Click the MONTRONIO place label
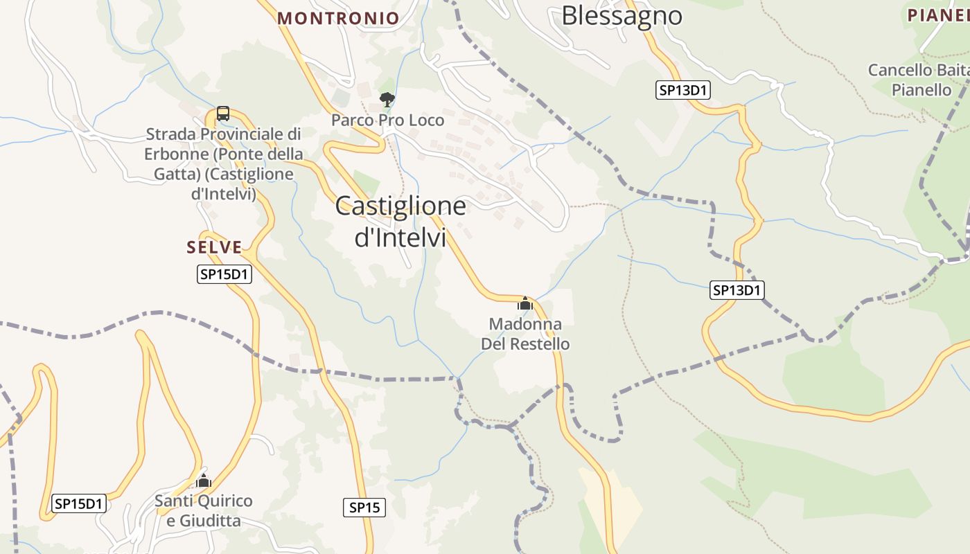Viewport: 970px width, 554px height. (338, 18)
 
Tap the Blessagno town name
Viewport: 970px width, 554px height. (621, 15)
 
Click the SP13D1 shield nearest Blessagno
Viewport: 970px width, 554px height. (684, 90)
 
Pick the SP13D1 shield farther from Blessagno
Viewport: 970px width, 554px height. (737, 290)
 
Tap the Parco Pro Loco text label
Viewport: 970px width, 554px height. (387, 120)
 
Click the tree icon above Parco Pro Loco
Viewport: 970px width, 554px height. (387, 100)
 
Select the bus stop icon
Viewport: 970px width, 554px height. (222, 113)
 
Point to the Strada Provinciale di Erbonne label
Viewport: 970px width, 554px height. (223, 163)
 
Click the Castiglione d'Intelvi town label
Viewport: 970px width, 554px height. (400, 221)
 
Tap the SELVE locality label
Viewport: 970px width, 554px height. (214, 247)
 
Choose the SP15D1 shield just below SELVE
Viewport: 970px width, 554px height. (224, 274)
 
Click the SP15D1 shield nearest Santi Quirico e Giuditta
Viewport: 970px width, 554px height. (79, 503)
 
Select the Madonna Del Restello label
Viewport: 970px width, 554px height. (525, 334)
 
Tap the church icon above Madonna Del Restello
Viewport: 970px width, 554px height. (525, 303)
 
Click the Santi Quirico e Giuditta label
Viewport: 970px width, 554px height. (204, 510)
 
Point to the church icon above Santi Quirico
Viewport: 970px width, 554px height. (203, 481)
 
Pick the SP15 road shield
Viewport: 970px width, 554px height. (364, 508)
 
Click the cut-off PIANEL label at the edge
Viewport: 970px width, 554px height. (937, 15)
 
